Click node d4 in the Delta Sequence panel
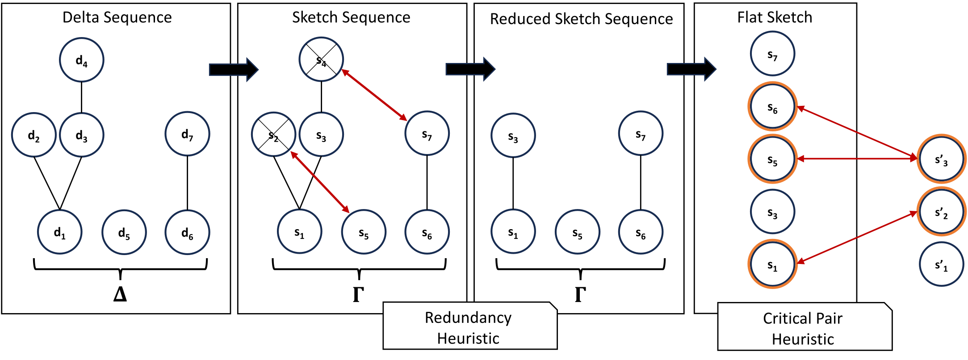(x=82, y=60)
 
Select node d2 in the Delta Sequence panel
(x=34, y=135)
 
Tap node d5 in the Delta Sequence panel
(x=124, y=232)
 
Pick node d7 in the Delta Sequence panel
(x=187, y=134)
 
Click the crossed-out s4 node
(x=321, y=59)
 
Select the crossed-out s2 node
(x=273, y=134)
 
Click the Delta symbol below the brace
(x=120, y=294)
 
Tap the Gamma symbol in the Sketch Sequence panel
(x=358, y=294)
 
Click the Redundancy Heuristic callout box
(x=469, y=327)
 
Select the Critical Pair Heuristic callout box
(x=803, y=328)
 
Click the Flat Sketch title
(x=775, y=17)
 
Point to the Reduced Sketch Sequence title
(x=581, y=19)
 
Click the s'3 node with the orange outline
(x=941, y=159)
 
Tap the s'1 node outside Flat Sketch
(x=941, y=264)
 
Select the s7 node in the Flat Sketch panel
(x=772, y=54)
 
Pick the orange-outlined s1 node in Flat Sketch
(x=772, y=264)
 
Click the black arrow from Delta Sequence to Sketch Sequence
(x=234, y=69)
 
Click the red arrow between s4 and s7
(x=374, y=95)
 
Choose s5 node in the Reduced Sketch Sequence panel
(x=577, y=232)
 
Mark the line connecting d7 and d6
(x=187, y=183)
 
